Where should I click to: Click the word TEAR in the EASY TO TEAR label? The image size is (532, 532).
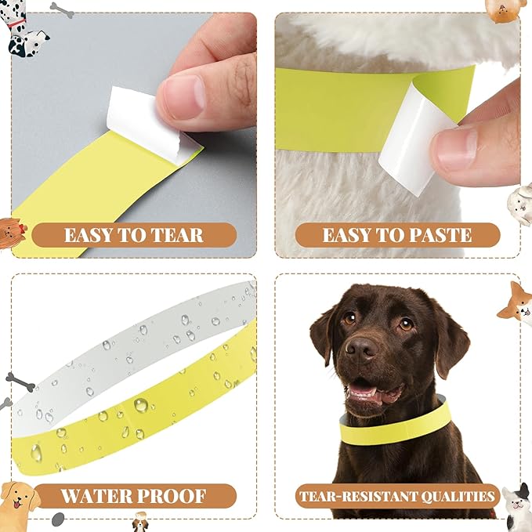click(x=167, y=235)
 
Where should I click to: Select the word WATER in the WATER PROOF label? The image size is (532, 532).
click(x=97, y=496)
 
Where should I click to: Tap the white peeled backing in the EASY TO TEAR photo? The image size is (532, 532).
click(x=141, y=121)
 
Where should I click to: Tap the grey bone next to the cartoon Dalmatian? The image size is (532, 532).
click(x=61, y=9)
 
